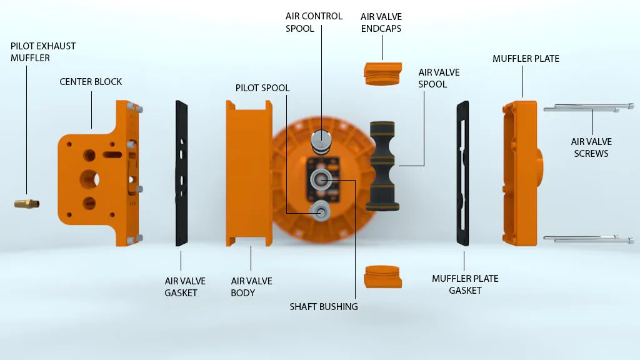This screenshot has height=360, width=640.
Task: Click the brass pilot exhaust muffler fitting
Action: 26,203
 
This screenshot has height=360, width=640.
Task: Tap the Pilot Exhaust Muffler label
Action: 43,52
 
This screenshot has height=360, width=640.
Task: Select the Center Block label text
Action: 91,82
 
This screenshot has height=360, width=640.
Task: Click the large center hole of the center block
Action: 90,179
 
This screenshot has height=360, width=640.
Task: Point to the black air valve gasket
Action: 181,174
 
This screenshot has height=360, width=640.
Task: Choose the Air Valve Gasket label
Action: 185,287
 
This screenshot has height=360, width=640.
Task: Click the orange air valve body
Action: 249,174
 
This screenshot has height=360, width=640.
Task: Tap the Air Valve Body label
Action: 251,287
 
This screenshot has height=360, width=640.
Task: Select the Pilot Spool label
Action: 262,87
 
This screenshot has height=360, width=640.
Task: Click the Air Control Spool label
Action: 314,22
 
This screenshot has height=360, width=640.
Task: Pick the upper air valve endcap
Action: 383,74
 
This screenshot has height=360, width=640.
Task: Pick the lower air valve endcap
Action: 383,277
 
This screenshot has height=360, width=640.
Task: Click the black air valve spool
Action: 382,166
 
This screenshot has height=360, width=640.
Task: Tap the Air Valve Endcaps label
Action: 381,22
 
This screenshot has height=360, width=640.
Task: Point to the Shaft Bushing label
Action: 324,306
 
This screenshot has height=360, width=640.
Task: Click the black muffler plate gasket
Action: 462,174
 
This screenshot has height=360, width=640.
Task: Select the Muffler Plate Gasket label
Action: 465,284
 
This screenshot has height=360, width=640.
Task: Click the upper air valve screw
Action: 589,107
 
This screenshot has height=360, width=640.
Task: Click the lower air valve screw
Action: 589,239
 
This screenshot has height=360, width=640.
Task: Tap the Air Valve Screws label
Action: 591,147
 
